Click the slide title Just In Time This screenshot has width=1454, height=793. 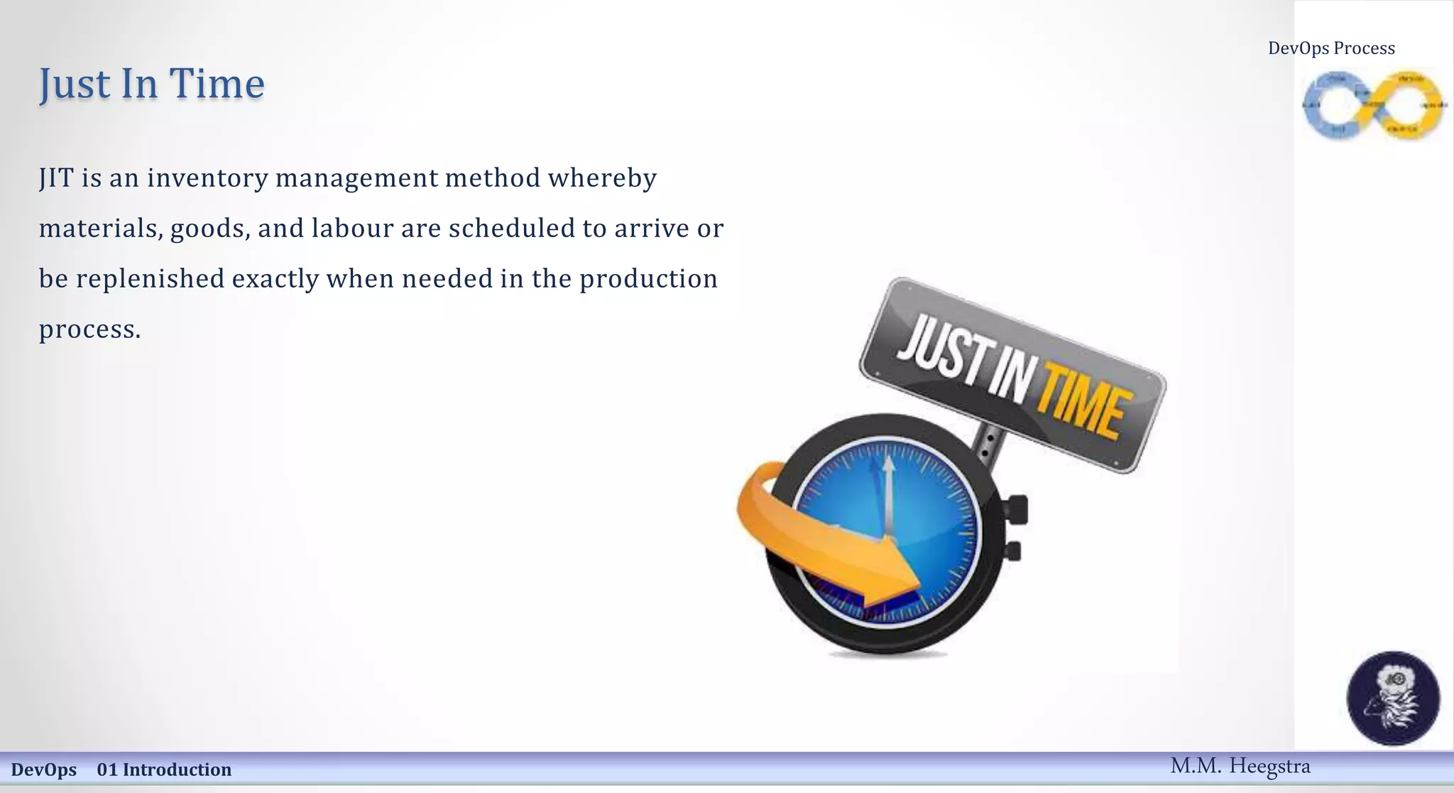(x=151, y=84)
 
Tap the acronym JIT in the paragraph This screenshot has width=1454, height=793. (x=56, y=177)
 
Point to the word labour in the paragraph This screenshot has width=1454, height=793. (x=352, y=229)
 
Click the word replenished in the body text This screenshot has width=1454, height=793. (x=150, y=279)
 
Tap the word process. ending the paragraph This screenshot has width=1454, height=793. (x=89, y=329)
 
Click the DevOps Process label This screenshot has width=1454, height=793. (x=1331, y=48)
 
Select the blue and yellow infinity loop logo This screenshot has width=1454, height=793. (x=1373, y=105)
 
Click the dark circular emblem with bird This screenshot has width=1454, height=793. (x=1393, y=698)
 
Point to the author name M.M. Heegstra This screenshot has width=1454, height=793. (x=1240, y=766)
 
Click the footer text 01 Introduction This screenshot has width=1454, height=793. (x=164, y=770)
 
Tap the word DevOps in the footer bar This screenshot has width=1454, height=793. (x=44, y=770)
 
